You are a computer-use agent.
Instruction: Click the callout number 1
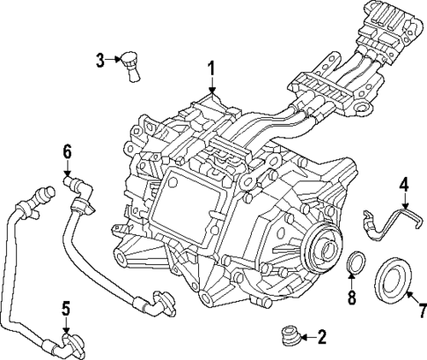[211, 68]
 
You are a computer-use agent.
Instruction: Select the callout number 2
[322, 335]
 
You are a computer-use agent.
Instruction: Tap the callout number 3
[100, 60]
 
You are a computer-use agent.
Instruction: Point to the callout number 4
[404, 186]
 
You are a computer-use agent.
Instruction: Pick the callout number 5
[65, 309]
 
